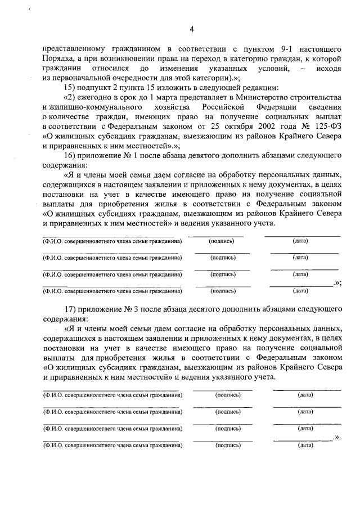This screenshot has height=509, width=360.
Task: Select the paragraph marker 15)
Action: [71, 88]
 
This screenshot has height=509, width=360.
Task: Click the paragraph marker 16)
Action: [71, 155]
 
